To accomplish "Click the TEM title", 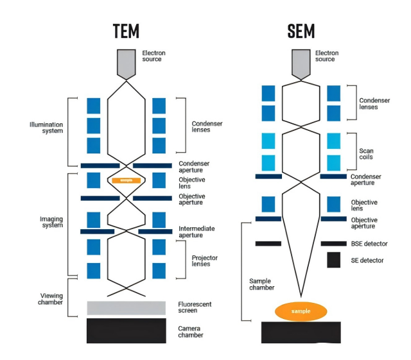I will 126,30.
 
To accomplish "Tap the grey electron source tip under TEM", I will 126,64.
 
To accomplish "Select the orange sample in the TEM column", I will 126,180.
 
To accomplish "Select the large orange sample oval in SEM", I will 301,311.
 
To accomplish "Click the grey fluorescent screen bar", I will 126,307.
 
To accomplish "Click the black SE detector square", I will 333,260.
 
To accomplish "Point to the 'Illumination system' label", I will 46,127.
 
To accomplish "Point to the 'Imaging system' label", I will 51,222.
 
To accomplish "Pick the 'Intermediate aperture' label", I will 197,232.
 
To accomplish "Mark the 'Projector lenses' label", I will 205,261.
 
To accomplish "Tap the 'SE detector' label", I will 367,261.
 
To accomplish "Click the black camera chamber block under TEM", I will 126,330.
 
